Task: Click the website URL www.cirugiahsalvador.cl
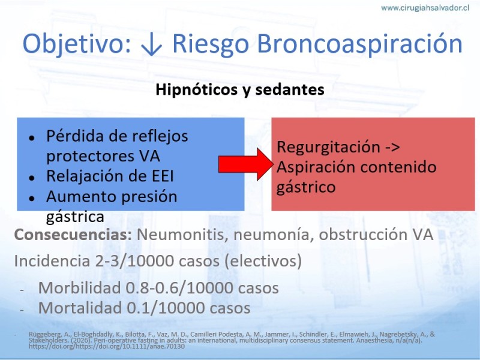[425, 8]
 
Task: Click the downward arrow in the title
[152, 44]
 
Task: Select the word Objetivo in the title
[77, 44]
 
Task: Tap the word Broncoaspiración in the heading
[360, 44]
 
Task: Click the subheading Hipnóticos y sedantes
[240, 89]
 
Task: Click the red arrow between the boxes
[245, 164]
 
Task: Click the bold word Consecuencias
[73, 235]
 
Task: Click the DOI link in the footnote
[107, 346]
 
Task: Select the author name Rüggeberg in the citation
[41, 334]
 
